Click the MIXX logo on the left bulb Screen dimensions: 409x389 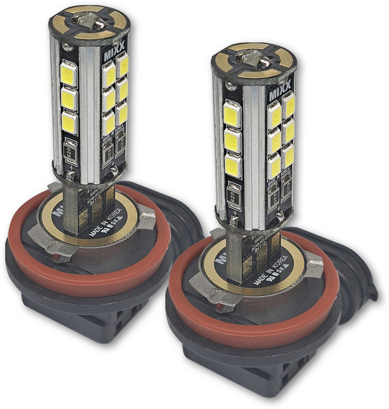click(x=118, y=47)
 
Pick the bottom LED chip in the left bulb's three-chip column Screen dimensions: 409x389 click(x=69, y=122)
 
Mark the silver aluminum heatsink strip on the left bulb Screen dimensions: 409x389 click(x=90, y=112)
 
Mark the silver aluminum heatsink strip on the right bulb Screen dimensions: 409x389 click(x=254, y=156)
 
